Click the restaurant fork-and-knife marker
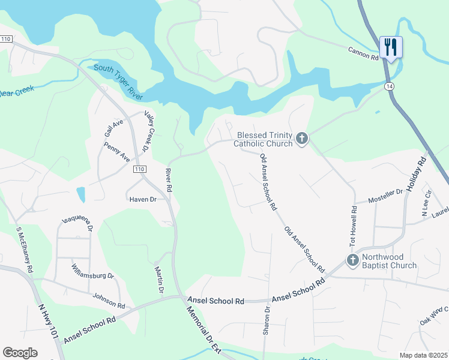391,47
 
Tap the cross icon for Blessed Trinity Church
301,140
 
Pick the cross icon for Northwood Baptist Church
352,260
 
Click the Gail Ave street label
113,127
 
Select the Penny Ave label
116,152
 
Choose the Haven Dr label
142,200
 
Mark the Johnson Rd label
109,301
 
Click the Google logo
20,353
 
